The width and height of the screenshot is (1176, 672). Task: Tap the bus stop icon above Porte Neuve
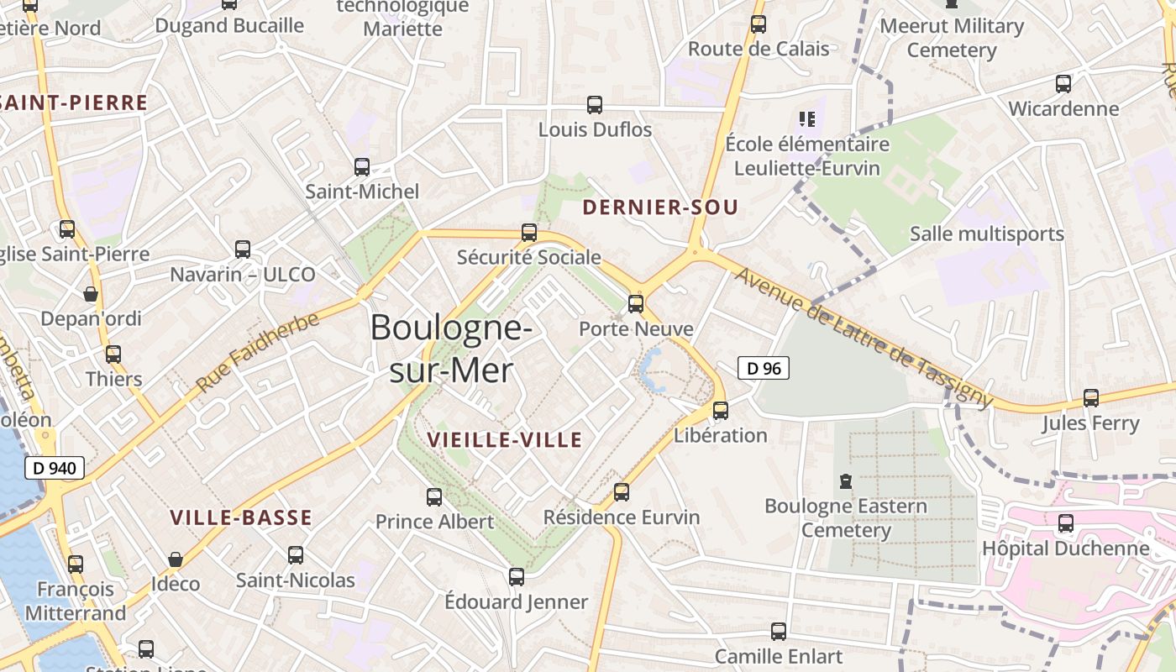click(636, 304)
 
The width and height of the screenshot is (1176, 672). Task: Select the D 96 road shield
click(764, 368)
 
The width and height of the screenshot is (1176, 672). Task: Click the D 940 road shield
click(56, 468)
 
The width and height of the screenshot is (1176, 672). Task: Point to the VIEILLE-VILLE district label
click(505, 440)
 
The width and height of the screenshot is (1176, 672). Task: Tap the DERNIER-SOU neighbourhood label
click(660, 207)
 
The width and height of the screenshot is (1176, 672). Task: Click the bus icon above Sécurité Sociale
click(529, 233)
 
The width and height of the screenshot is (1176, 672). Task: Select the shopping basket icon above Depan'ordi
click(91, 294)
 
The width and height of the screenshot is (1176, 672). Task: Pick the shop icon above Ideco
click(176, 559)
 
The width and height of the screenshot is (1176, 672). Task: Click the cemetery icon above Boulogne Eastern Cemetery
click(845, 482)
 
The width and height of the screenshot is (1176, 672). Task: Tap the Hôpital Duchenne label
click(1066, 549)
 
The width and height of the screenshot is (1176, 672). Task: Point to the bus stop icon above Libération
click(721, 411)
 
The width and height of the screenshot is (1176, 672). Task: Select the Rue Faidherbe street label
click(259, 352)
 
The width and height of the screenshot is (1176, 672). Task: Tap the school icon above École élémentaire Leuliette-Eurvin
click(807, 119)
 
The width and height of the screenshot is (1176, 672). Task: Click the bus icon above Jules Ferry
click(1090, 398)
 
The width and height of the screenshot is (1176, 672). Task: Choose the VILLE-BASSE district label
click(241, 518)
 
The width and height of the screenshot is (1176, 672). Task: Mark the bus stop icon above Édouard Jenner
click(517, 577)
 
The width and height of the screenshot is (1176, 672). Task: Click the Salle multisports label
click(987, 234)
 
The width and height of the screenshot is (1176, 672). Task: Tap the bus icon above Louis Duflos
click(595, 105)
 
